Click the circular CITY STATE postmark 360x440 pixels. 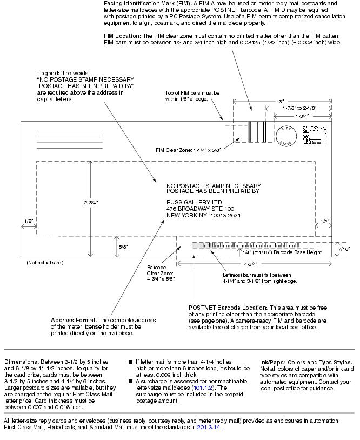coord(286,136)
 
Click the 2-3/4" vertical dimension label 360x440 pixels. coord(91,202)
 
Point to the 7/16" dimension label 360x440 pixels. coord(343,249)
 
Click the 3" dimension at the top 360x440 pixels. coord(281,101)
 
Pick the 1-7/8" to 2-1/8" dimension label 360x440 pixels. coord(299,108)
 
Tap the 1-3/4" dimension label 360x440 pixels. coord(302,116)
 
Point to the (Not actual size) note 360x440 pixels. coord(44,263)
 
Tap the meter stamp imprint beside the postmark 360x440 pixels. coord(312,135)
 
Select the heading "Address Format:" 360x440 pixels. coord(73,320)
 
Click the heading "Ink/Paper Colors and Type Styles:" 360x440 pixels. coord(306,362)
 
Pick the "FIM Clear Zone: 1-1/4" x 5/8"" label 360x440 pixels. coord(188,150)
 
